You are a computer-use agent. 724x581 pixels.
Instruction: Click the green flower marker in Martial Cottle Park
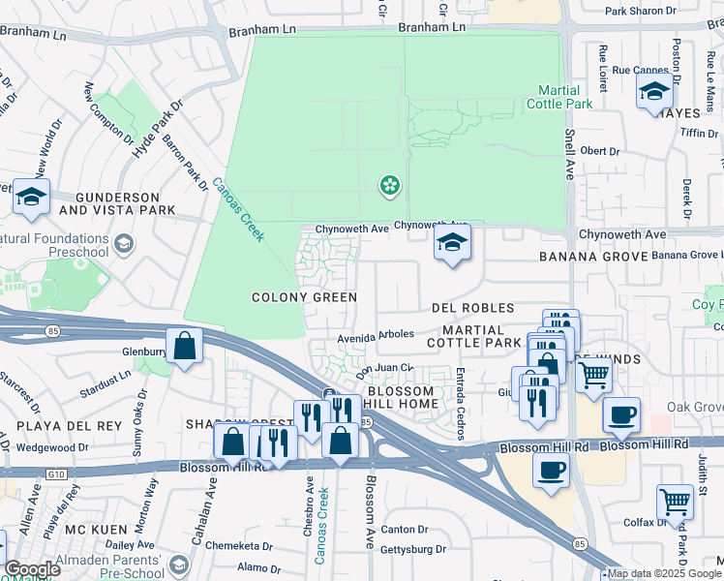click(x=389, y=184)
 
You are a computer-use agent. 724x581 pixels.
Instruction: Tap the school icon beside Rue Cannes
click(x=654, y=93)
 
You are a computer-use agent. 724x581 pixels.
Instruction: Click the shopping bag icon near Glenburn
click(x=184, y=346)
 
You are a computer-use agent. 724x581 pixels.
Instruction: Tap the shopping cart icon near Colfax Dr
click(x=675, y=501)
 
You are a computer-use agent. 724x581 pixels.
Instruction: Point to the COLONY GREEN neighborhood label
click(x=304, y=297)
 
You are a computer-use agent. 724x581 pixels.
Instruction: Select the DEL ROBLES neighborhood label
click(x=473, y=307)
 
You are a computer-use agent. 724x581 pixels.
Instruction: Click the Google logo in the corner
click(x=31, y=569)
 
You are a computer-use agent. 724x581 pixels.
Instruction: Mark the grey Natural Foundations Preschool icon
click(x=123, y=244)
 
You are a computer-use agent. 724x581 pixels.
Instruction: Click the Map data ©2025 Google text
click(x=665, y=574)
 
